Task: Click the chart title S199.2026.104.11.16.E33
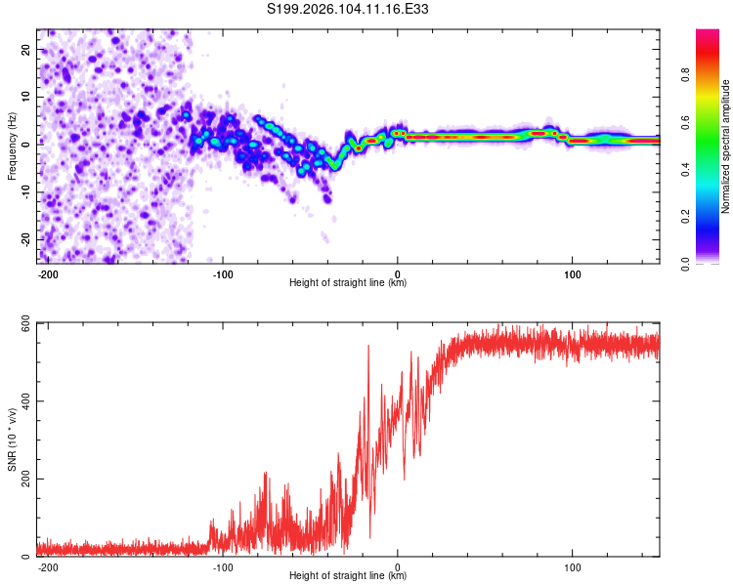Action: [348, 10]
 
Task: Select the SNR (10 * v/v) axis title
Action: [12, 439]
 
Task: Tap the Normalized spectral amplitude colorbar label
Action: [725, 147]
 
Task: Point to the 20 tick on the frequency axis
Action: [25, 49]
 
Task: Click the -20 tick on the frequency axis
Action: [23, 239]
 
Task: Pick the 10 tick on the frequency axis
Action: [25, 97]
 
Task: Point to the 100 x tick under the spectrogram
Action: [572, 273]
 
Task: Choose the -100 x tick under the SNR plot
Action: [223, 566]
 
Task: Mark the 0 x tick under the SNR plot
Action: [398, 566]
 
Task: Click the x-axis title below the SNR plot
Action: [348, 576]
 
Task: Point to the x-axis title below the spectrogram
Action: [348, 283]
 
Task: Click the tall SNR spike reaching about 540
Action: [368, 348]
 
